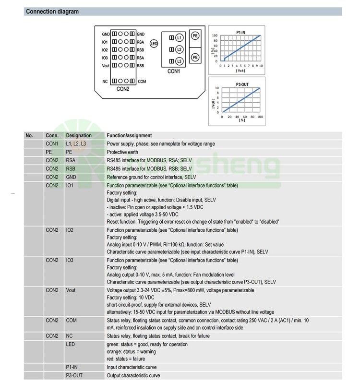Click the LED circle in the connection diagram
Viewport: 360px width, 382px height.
[x=154, y=44]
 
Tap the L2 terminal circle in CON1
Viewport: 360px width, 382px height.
[x=179, y=49]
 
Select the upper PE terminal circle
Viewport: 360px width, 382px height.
[x=195, y=36]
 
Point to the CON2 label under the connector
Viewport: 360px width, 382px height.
[x=123, y=89]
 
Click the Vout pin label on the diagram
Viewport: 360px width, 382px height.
[x=106, y=65]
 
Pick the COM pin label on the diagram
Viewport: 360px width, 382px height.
[x=142, y=82]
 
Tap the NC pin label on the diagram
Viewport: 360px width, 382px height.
[x=105, y=82]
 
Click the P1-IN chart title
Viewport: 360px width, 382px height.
[x=242, y=31]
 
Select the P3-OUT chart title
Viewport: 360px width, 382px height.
[x=241, y=84]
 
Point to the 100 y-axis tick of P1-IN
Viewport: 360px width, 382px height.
[x=215, y=36]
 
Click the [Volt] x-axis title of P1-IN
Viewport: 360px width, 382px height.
[x=240, y=71]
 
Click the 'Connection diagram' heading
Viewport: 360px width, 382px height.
[x=52, y=12]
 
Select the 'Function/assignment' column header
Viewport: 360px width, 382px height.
[x=129, y=135]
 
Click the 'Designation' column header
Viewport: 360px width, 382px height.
[x=78, y=135]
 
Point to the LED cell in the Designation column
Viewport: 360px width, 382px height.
[x=71, y=345]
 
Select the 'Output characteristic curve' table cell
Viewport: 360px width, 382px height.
[x=133, y=375]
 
